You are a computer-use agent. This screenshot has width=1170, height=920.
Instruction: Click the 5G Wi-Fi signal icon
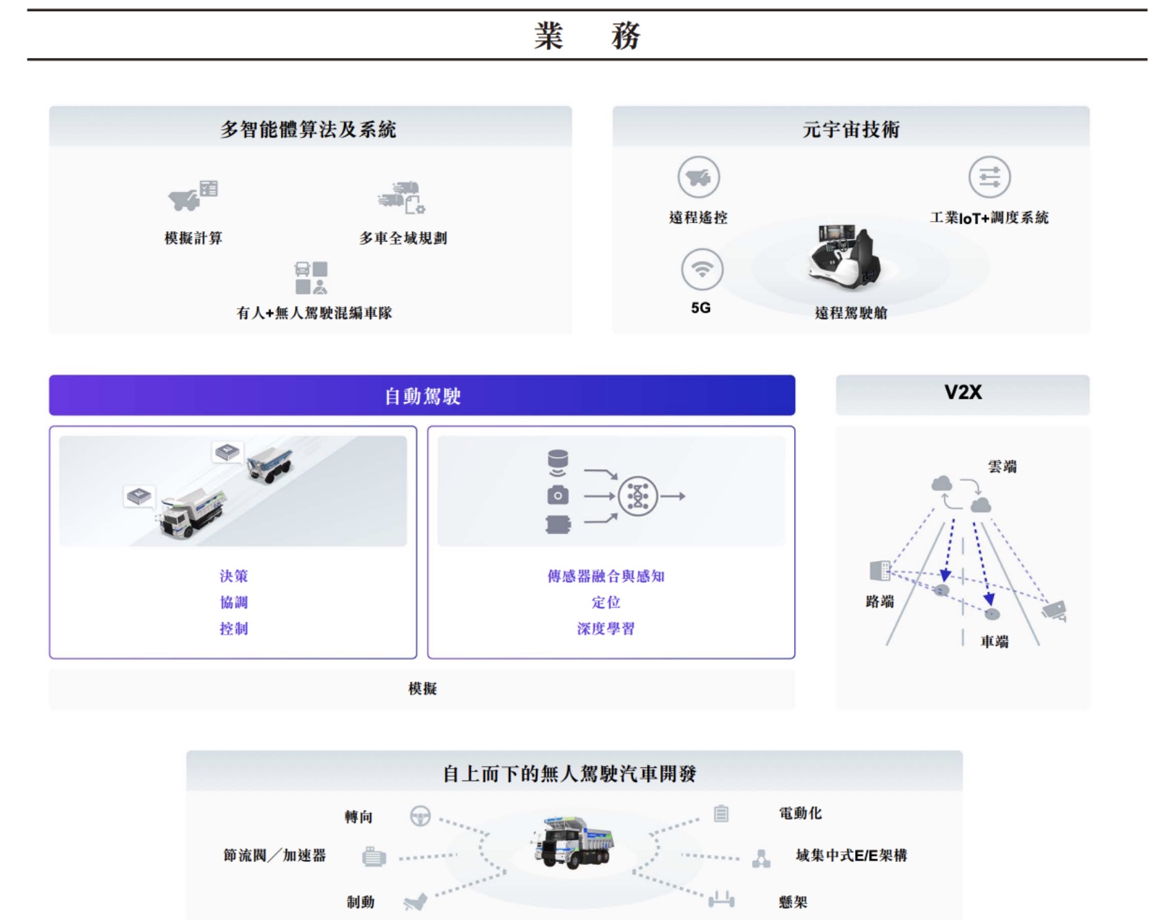click(x=702, y=269)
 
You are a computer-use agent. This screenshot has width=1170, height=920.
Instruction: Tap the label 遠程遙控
click(x=698, y=218)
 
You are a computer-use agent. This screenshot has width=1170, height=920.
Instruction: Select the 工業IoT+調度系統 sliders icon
click(x=989, y=177)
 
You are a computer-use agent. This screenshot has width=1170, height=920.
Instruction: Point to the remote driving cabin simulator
click(x=844, y=256)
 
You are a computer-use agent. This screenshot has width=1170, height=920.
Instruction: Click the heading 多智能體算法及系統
click(x=308, y=129)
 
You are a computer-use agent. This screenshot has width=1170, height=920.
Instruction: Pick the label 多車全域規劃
click(x=403, y=238)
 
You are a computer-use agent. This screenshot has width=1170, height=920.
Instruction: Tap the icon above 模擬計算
click(x=193, y=195)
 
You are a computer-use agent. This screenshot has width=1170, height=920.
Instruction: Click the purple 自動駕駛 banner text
click(x=422, y=396)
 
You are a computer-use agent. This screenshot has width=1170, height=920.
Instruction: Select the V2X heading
click(x=963, y=392)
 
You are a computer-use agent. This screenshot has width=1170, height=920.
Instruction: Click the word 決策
click(x=233, y=576)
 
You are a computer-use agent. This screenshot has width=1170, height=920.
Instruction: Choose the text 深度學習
click(x=606, y=629)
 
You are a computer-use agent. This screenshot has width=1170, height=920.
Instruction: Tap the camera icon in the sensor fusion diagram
click(x=558, y=495)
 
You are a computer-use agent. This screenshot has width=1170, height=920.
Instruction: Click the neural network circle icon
click(x=637, y=496)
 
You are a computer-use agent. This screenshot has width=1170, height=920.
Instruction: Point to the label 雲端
click(x=1002, y=467)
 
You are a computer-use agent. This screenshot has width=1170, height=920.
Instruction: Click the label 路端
click(x=880, y=602)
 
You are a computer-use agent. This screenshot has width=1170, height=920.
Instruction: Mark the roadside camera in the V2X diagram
click(x=1055, y=609)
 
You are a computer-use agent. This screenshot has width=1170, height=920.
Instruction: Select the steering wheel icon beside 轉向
click(x=420, y=816)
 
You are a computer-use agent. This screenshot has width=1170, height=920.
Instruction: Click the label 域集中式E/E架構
click(x=851, y=856)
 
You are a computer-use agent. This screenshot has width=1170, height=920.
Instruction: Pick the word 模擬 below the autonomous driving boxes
click(x=422, y=689)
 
